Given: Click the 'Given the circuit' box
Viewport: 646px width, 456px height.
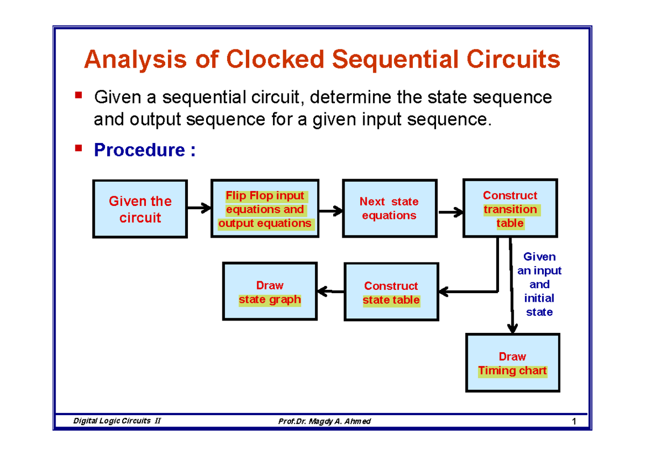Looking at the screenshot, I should click(x=140, y=209).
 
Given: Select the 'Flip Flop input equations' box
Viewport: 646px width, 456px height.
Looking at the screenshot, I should click(x=264, y=209).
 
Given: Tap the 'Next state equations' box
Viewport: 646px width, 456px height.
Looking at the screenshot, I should click(x=389, y=209).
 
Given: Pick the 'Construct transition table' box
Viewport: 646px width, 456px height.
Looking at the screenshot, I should click(x=510, y=209).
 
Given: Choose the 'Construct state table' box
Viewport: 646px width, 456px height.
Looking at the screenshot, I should click(x=391, y=292).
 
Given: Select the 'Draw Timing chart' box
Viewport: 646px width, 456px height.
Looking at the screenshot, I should click(x=512, y=363).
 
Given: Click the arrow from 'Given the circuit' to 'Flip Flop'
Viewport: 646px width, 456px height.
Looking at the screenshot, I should click(x=199, y=208).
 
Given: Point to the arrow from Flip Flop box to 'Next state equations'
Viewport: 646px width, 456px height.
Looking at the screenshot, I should click(x=331, y=211).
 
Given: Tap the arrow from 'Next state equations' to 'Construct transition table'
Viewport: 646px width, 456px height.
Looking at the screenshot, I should click(x=451, y=212).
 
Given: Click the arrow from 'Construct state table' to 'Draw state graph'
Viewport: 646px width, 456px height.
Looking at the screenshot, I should click(x=331, y=291).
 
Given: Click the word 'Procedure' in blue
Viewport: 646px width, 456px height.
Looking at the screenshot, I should click(x=139, y=151).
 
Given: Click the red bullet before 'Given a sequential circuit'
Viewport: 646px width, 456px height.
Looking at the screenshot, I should click(x=79, y=96).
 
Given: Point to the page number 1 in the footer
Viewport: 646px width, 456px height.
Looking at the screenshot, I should click(x=574, y=421).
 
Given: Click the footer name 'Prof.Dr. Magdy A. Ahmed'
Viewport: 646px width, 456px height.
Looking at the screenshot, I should click(x=324, y=421).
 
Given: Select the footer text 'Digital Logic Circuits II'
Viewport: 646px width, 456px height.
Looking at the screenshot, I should click(x=117, y=421).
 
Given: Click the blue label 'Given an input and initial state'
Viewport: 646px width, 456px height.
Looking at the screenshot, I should click(x=539, y=284).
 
